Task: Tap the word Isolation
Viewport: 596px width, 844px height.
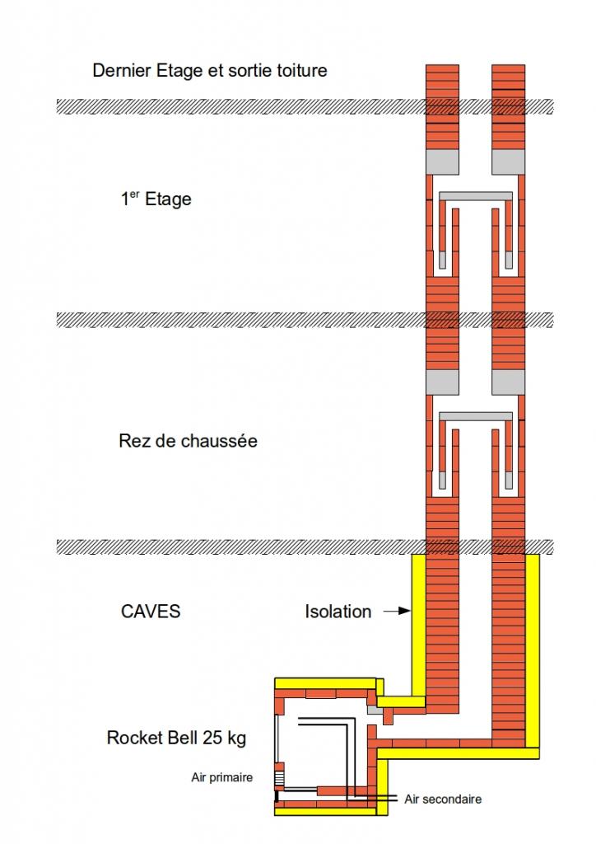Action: coord(338,612)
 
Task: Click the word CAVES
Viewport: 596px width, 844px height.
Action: coord(151,612)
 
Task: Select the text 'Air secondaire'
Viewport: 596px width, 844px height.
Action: coord(443,799)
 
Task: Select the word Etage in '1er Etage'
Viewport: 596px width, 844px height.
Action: coord(168,199)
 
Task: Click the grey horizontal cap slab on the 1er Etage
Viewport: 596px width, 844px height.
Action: coord(476,195)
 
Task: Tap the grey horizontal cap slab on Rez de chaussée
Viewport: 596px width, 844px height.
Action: coord(476,415)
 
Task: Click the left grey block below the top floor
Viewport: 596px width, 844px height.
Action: coord(442,162)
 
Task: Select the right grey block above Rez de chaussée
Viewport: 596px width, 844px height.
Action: coord(508,382)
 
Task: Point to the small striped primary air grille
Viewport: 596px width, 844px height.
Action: coord(280,777)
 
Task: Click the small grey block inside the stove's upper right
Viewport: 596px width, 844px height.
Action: coord(375,709)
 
